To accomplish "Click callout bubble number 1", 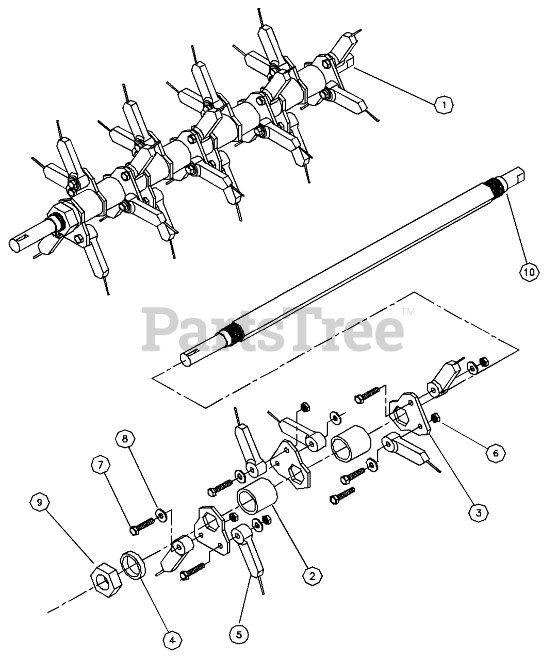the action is [444, 105].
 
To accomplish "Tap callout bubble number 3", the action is [478, 513].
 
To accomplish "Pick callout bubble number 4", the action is [171, 640].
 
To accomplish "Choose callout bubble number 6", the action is [496, 452].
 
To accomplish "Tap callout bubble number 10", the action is [530, 271].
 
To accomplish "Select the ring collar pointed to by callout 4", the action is [135, 565].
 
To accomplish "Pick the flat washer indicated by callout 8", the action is [161, 514].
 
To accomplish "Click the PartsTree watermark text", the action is [273, 329].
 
